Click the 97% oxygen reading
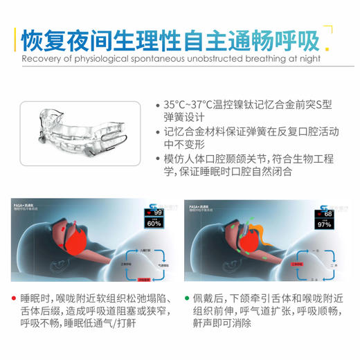[325, 224]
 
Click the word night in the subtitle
[308, 59]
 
